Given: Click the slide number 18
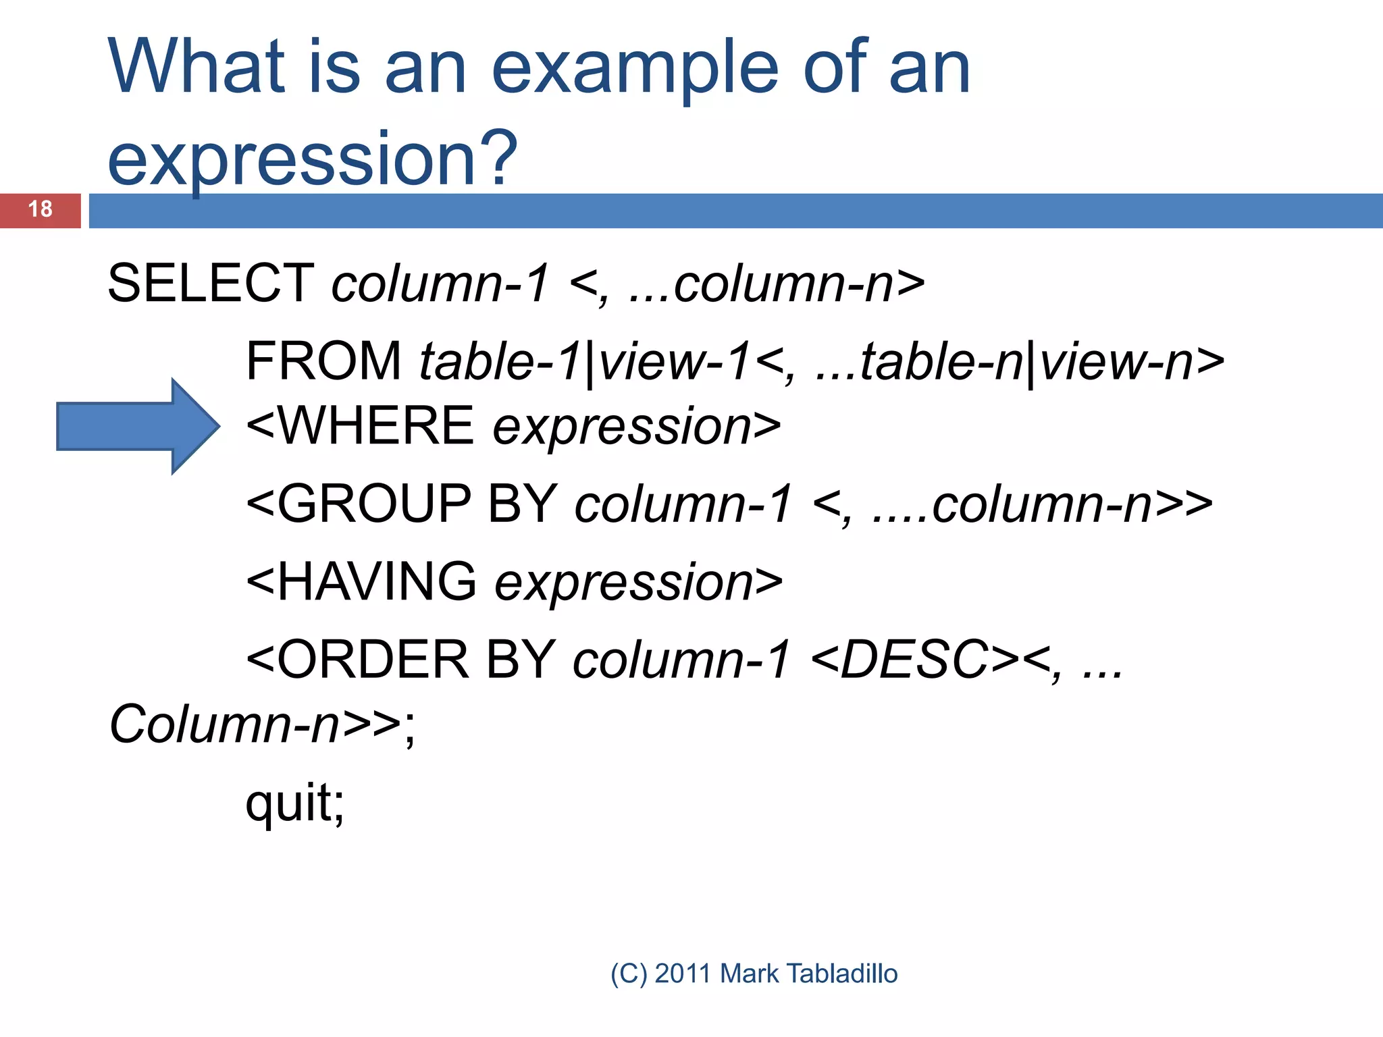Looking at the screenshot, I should pos(40,209).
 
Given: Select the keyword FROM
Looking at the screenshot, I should pos(323,362).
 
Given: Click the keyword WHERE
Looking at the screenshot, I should pos(375,426).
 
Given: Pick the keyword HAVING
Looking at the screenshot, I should pos(376,582).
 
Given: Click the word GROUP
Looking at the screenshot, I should pos(373,504).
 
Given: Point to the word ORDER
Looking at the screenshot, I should pos(373,660).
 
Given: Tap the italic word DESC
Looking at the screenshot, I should pos(915,660).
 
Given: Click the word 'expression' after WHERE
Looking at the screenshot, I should pos(622,427).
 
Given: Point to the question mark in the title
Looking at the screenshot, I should pos(500,158).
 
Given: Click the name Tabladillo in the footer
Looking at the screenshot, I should pos(842,974).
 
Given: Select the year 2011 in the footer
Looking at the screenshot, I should pos(683,974).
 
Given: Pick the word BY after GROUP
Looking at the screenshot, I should pos(521,504).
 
